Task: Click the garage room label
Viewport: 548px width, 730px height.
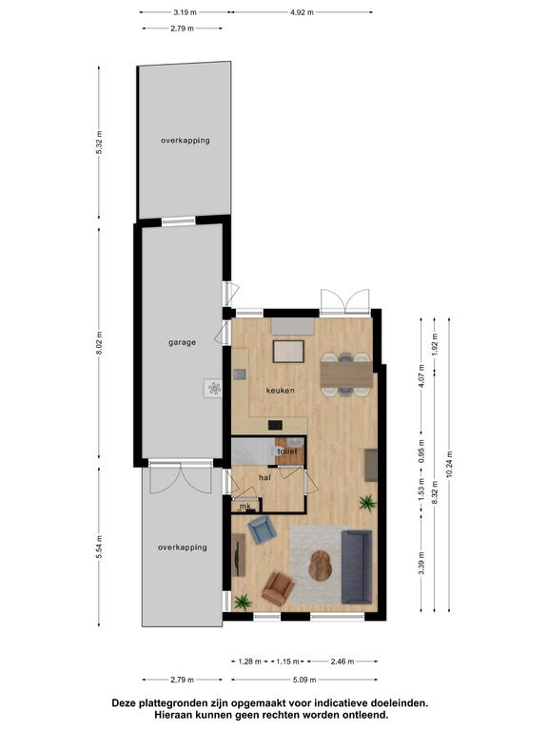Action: point(182,342)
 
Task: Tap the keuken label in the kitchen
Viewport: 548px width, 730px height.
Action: point(280,390)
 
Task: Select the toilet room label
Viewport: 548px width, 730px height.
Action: point(287,451)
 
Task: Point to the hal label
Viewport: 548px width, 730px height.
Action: point(264,477)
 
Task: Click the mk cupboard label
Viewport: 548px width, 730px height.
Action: point(245,506)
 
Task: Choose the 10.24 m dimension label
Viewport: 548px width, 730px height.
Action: point(449,464)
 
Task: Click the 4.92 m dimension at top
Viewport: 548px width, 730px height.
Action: point(302,12)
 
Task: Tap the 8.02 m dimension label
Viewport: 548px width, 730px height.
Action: point(98,342)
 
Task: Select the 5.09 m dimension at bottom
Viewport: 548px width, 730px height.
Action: point(304,680)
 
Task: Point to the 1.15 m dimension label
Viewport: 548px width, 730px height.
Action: point(287,662)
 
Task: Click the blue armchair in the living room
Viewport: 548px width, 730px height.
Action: point(262,529)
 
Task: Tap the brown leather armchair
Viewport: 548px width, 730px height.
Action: point(278,588)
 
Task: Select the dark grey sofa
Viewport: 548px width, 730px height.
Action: point(357,567)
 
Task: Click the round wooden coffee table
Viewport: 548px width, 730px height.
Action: point(320,566)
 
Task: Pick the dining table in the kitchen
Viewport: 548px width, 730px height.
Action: point(346,375)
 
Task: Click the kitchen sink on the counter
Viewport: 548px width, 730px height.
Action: point(240,375)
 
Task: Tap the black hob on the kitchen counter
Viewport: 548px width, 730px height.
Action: point(275,425)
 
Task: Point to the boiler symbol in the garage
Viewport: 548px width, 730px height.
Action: point(214,388)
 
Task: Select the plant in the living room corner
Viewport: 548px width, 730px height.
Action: point(243,602)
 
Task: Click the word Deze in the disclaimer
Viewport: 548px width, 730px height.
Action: point(124,702)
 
